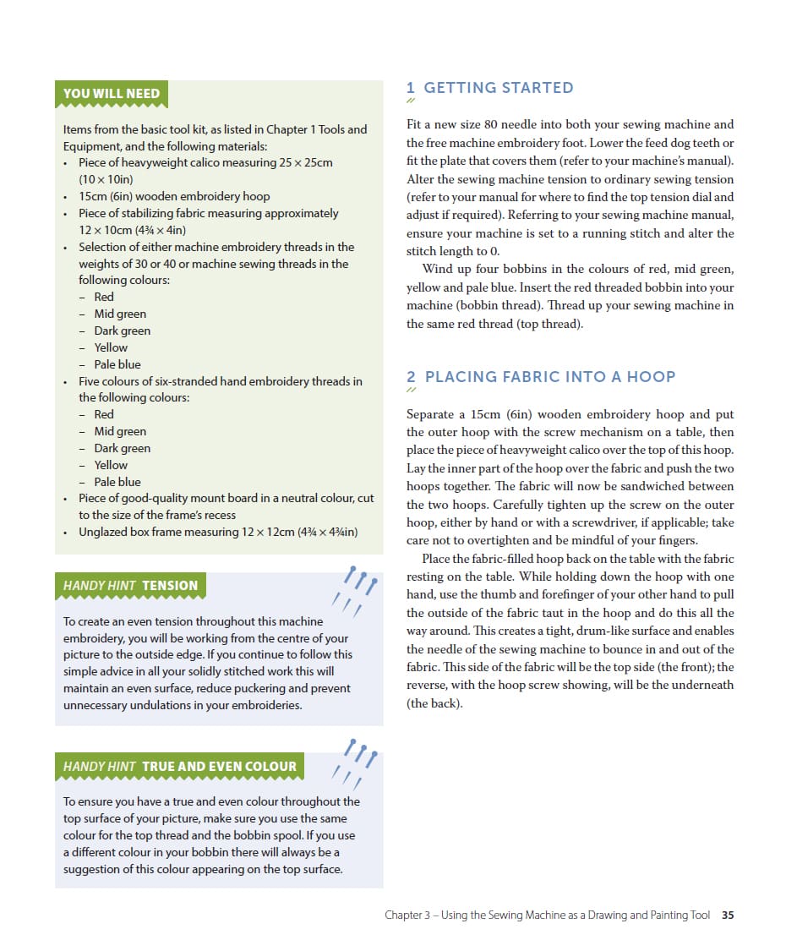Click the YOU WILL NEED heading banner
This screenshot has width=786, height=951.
[112, 94]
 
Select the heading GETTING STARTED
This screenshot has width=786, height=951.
[498, 88]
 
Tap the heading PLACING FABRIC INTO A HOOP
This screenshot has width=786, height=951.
[549, 377]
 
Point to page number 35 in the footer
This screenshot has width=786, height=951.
[728, 915]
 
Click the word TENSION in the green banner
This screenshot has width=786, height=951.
[170, 585]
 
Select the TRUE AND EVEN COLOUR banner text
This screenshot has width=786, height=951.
[219, 767]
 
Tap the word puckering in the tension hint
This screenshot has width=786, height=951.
[269, 688]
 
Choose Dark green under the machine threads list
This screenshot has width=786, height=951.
[123, 331]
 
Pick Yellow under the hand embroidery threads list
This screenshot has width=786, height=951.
[111, 465]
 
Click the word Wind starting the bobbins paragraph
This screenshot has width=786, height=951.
[437, 269]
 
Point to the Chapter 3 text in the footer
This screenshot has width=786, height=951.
[408, 915]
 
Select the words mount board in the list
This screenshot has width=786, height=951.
[223, 498]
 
